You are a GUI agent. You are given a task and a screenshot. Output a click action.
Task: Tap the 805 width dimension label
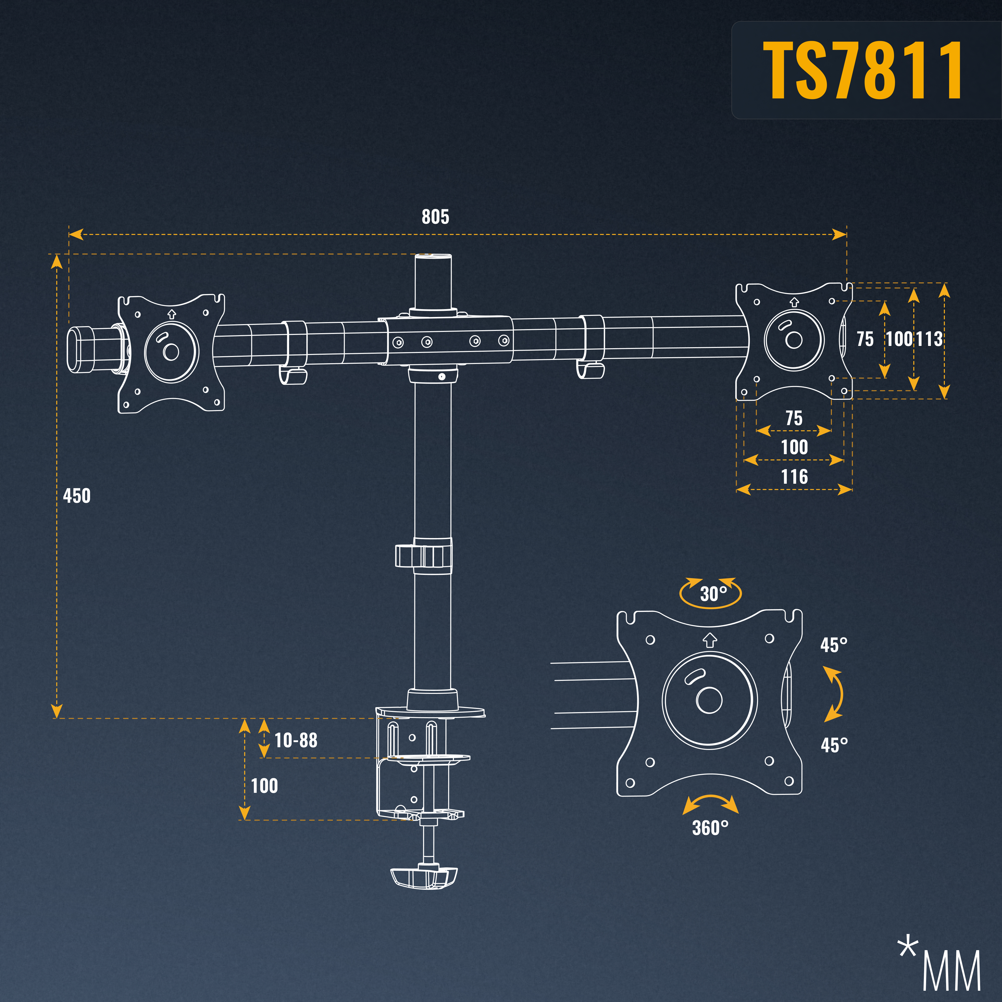tap(435, 217)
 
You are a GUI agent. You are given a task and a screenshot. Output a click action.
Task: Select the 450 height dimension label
tap(77, 496)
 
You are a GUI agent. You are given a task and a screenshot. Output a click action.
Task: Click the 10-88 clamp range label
tap(296, 740)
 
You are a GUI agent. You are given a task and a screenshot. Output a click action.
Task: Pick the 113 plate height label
tap(928, 339)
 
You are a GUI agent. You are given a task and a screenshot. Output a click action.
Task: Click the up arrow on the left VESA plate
tap(172, 314)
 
